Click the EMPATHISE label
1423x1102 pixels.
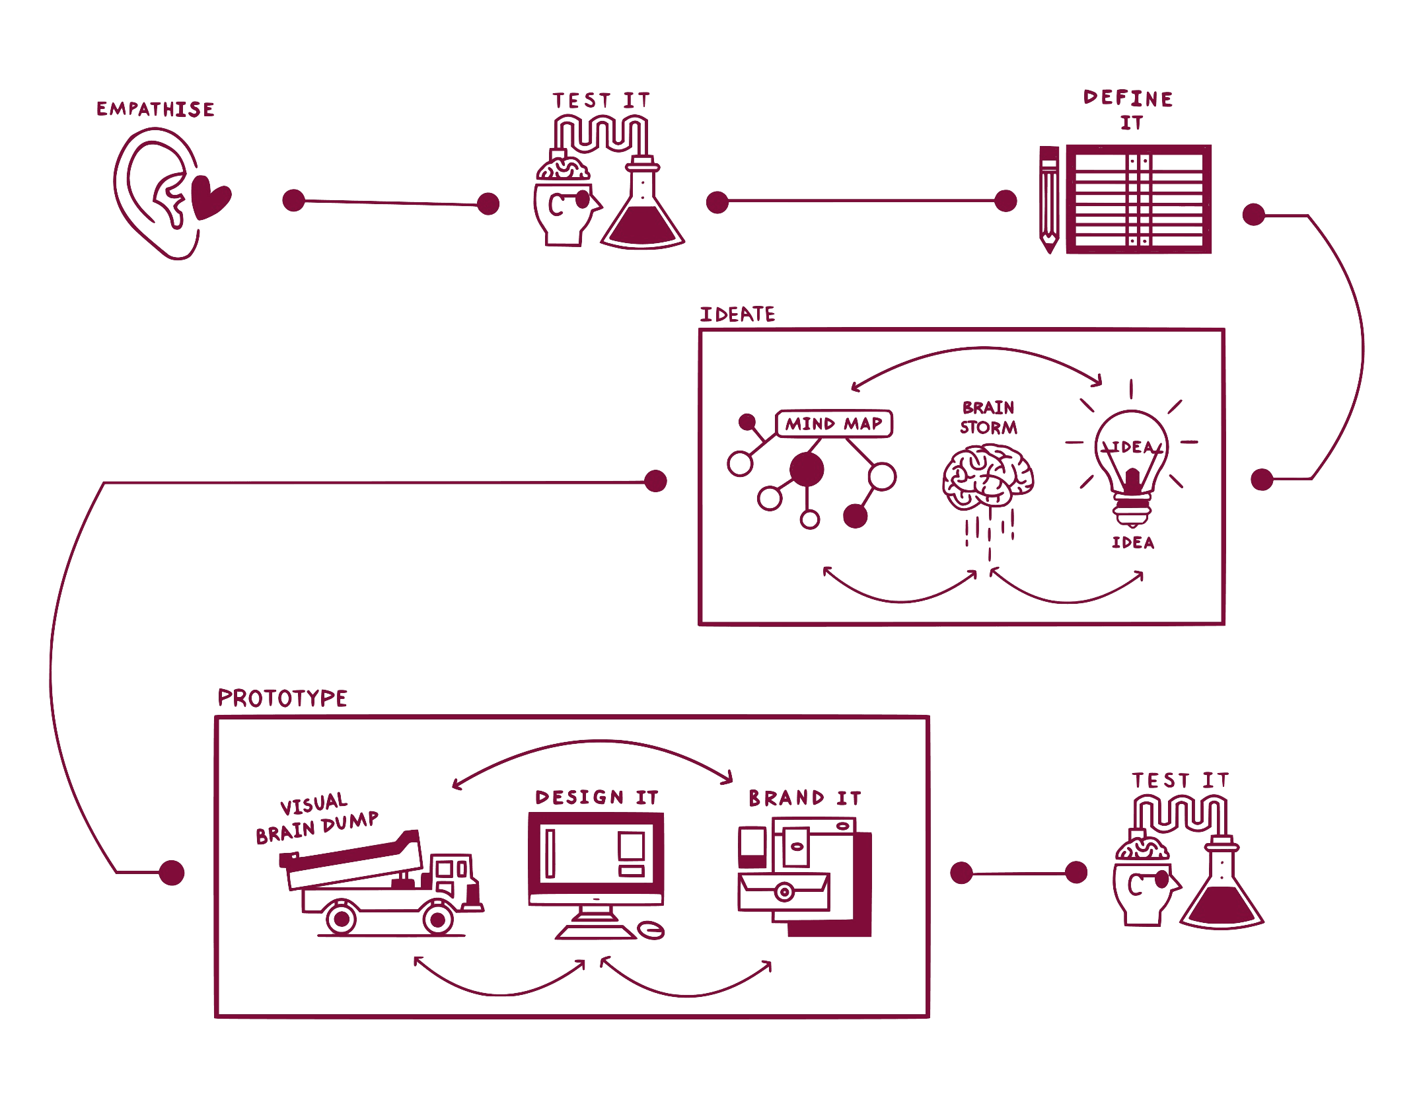[x=155, y=109]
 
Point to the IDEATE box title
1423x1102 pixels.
[x=737, y=314]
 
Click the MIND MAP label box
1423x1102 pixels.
[x=834, y=423]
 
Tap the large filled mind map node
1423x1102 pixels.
[x=807, y=470]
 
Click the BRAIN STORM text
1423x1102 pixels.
[x=988, y=418]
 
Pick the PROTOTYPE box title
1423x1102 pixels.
[x=282, y=698]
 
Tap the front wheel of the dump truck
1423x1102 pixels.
[x=437, y=918]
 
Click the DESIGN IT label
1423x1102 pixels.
[x=597, y=797]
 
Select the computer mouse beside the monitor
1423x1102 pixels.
[x=651, y=930]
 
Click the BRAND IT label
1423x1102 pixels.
[x=805, y=798]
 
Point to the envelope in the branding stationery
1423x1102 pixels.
[x=784, y=891]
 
